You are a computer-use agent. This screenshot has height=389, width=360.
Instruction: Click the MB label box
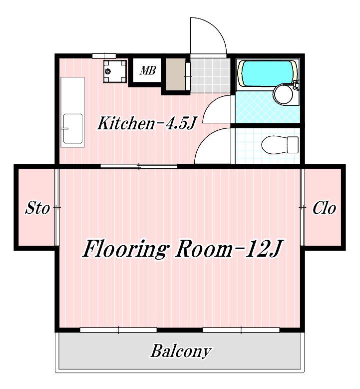click(x=147, y=70)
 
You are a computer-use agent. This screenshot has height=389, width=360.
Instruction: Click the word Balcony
click(x=181, y=351)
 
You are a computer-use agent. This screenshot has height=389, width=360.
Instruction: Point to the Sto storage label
click(x=37, y=208)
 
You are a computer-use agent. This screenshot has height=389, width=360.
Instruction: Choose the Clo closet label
click(x=324, y=208)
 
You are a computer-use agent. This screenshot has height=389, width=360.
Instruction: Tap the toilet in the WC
click(x=280, y=145)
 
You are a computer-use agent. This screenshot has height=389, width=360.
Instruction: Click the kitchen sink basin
click(x=73, y=128)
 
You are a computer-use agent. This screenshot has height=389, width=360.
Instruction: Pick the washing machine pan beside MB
click(x=115, y=71)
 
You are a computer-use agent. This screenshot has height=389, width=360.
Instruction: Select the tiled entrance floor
click(x=210, y=75)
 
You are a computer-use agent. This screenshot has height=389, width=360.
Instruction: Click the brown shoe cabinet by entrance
click(x=176, y=74)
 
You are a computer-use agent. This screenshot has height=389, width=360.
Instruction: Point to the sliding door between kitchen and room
click(x=139, y=166)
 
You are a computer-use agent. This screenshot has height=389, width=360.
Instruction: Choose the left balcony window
click(x=119, y=330)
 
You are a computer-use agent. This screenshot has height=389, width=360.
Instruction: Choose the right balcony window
click(x=241, y=330)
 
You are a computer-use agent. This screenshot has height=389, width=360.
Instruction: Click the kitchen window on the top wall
click(x=104, y=55)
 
